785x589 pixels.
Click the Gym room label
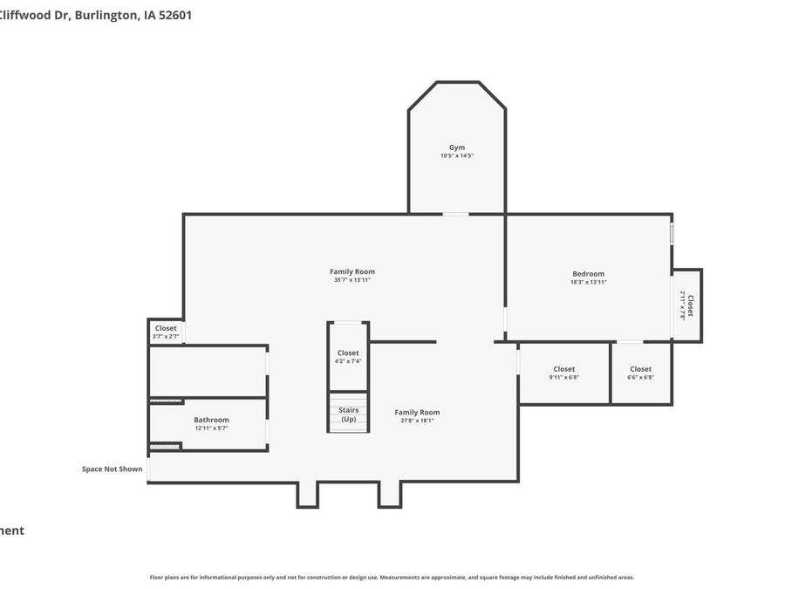click(457, 147)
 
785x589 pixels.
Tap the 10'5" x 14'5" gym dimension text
click(457, 156)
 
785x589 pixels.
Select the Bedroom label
click(588, 274)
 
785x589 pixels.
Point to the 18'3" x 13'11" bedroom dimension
click(588, 283)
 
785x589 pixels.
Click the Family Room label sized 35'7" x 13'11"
click(352, 271)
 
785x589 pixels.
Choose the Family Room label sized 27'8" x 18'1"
click(417, 412)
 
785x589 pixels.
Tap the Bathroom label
click(211, 420)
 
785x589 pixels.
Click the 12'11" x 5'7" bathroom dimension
click(211, 428)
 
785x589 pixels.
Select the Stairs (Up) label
click(348, 414)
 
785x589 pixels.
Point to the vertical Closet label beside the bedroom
click(691, 305)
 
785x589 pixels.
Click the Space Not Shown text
click(112, 469)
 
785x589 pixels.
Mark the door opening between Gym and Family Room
click(455, 214)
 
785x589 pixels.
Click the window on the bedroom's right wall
click(672, 234)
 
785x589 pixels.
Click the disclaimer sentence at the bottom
click(392, 577)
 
